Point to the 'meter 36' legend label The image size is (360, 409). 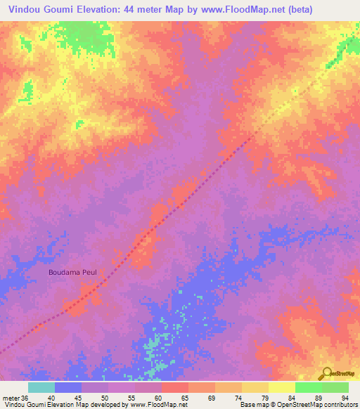pyautogui.click(x=15, y=398)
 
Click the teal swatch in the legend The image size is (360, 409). pyautogui.click(x=41, y=387)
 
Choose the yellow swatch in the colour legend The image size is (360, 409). pyautogui.click(x=281, y=387)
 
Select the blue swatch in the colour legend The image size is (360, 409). pyautogui.click(x=68, y=387)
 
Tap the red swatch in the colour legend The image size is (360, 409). pyautogui.click(x=175, y=387)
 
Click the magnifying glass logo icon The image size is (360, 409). pyautogui.click(x=326, y=373)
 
